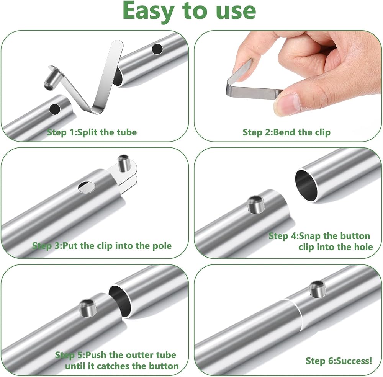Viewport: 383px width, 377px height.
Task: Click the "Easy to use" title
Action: [x=189, y=11]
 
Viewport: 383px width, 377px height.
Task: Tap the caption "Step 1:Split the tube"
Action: [x=92, y=132]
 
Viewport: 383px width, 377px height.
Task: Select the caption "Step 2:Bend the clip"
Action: [x=286, y=132]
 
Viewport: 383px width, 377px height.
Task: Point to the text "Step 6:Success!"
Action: [x=339, y=361]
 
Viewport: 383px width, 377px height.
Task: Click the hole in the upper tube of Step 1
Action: [x=157, y=49]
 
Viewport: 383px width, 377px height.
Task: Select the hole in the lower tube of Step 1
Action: [x=55, y=109]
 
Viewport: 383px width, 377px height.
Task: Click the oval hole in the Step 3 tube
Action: [x=87, y=187]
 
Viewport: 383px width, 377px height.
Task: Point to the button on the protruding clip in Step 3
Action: [x=124, y=163]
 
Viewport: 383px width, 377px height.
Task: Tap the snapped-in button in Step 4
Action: [x=256, y=204]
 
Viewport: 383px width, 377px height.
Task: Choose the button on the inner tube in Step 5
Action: [x=87, y=308]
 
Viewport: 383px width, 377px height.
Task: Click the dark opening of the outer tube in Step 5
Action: [x=119, y=301]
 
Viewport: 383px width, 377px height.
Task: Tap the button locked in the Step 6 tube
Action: [x=318, y=289]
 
